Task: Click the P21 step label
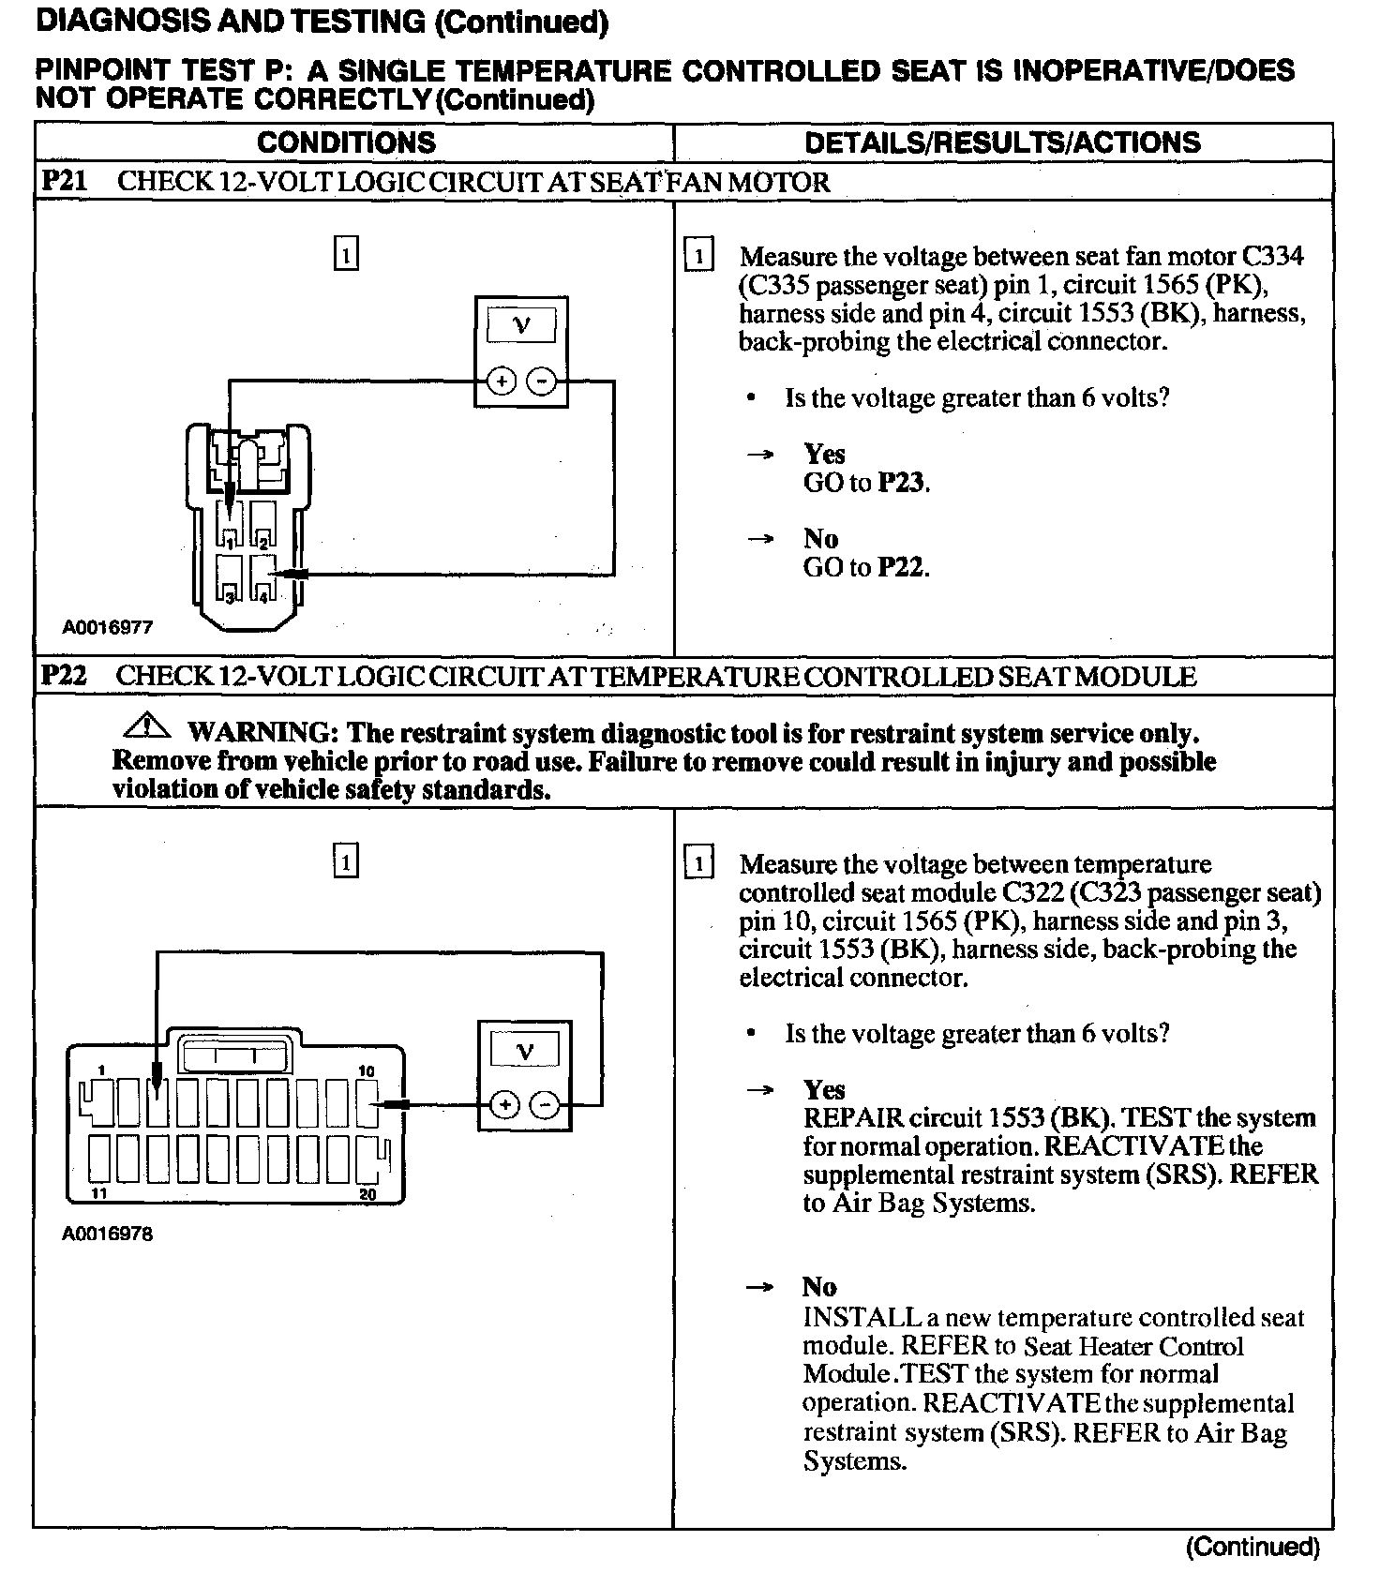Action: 64,181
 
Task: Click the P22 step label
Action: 64,676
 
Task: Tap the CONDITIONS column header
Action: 346,142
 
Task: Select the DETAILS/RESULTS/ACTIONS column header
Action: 1002,142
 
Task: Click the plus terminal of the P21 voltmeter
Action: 502,381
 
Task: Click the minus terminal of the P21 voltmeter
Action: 541,381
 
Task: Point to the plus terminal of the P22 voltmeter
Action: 505,1105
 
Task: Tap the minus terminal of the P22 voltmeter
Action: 545,1105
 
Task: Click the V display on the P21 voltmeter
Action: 521,326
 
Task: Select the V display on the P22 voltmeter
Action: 525,1051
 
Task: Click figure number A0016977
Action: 108,627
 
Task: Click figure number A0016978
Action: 108,1234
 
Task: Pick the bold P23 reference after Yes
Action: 902,483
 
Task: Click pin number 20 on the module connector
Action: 368,1194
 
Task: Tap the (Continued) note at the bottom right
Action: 1252,1548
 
